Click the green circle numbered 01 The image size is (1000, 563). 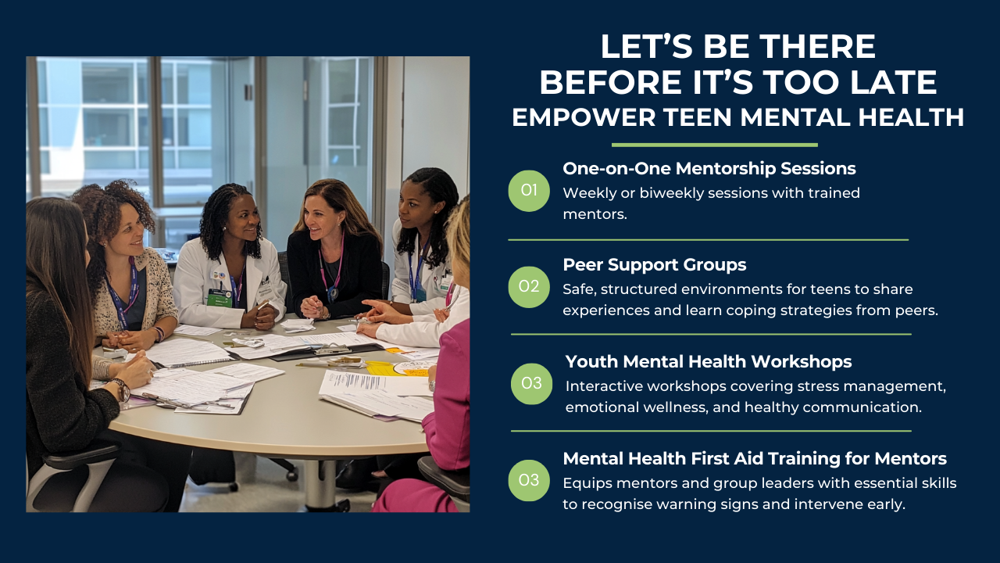[529, 191]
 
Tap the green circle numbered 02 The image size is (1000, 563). [529, 287]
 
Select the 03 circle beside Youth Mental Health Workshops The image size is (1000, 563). [532, 384]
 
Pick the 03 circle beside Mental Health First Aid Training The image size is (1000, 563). [529, 480]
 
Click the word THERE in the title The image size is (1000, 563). [817, 46]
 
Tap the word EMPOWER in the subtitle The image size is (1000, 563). [584, 117]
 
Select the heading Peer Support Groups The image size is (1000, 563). [655, 265]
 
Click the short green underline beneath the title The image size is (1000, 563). [714, 145]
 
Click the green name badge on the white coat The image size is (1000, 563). [220, 299]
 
